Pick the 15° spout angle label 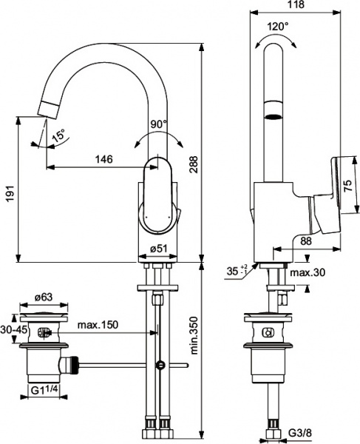(x=58, y=135)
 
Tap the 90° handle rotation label (x=160, y=124)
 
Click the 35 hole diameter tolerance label (x=237, y=272)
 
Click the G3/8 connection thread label (x=299, y=431)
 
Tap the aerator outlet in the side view (x=274, y=116)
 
